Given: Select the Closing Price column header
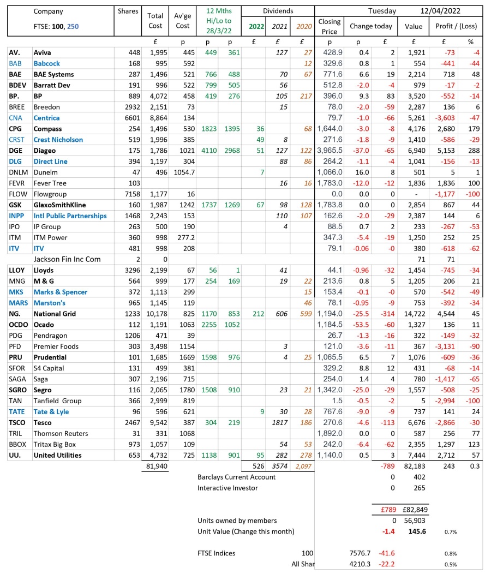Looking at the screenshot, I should click(330, 26).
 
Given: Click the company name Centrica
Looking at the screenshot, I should click(47, 118).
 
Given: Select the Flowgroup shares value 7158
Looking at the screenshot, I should click(128, 194).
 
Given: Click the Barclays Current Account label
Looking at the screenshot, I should click(236, 477).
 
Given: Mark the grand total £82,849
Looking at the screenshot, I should click(414, 510).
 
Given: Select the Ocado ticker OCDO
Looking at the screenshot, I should click(19, 325).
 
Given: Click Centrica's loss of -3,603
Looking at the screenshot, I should click(443, 118).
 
